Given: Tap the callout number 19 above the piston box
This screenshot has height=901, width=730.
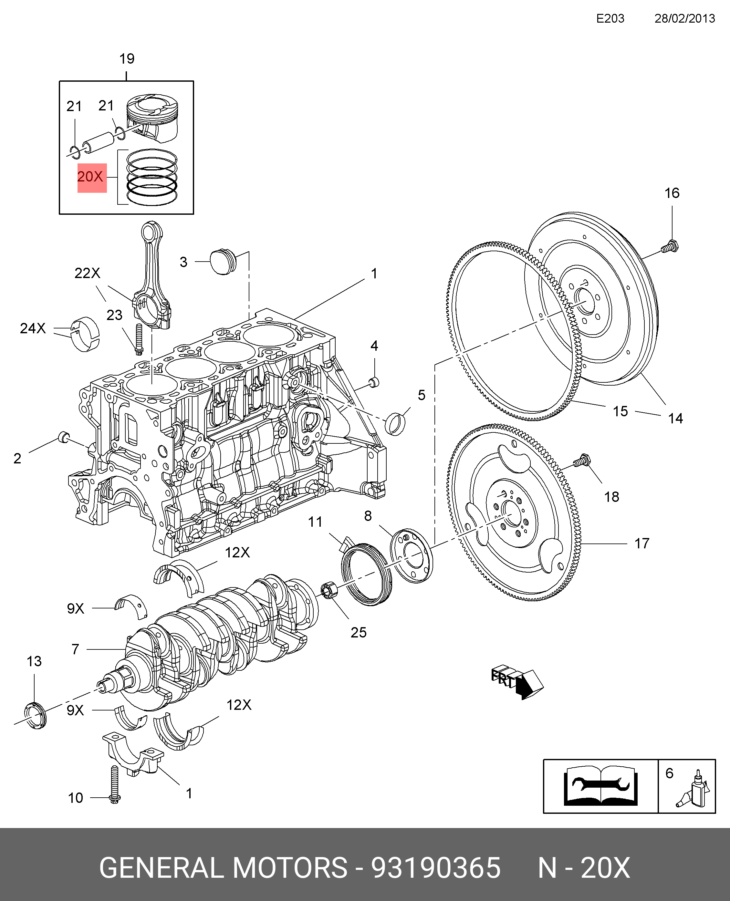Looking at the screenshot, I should tap(127, 59).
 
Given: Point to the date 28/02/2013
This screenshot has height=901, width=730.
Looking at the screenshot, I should tap(684, 18).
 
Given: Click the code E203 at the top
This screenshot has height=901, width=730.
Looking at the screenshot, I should tap(610, 18).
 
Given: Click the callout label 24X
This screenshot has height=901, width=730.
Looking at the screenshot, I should tap(33, 328).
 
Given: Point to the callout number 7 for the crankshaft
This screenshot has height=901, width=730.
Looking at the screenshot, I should tap(75, 649).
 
